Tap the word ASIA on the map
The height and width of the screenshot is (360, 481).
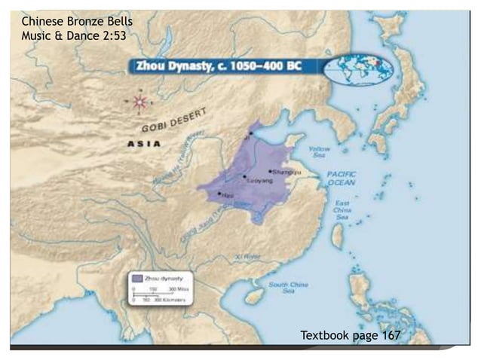click(x=143, y=143)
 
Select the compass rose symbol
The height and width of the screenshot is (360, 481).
click(x=139, y=101)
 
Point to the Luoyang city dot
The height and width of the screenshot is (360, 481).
click(x=244, y=177)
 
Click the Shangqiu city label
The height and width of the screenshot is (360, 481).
click(x=288, y=172)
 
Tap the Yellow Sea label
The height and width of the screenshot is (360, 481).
click(x=320, y=153)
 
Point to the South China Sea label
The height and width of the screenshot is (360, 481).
click(x=287, y=287)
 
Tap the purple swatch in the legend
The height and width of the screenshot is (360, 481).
click(x=137, y=278)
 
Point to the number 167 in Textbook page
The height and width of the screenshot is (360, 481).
click(x=391, y=334)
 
